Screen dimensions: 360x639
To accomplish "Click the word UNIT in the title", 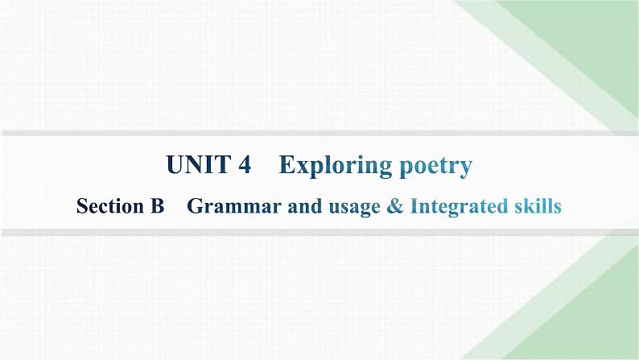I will [197, 166].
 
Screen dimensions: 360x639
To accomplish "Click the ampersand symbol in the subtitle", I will [394, 207].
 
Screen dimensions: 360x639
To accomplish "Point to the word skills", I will [534, 207].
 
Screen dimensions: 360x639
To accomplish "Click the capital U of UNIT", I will [175, 166].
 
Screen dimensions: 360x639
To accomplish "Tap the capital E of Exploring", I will [286, 166].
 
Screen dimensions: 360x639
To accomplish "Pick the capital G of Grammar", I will [194, 207].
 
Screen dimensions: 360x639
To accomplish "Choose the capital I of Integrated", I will [413, 207].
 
